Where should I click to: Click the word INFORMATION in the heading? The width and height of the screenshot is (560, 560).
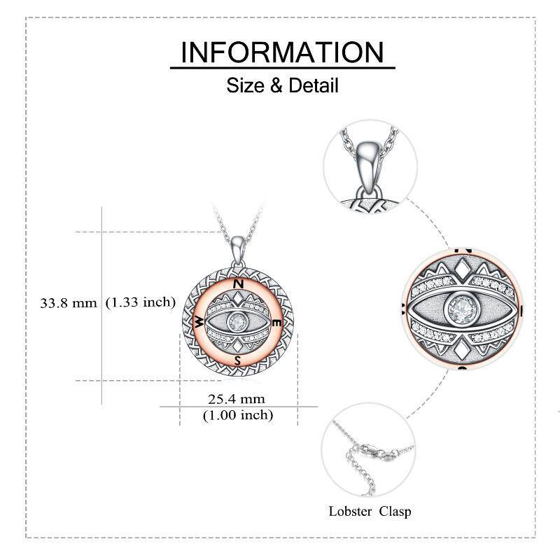click(x=282, y=52)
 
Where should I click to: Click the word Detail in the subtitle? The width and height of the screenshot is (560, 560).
click(x=313, y=85)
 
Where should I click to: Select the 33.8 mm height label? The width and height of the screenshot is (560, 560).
click(x=68, y=303)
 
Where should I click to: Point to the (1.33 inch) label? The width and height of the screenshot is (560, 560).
click(x=141, y=302)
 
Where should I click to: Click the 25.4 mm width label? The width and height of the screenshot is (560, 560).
click(x=237, y=398)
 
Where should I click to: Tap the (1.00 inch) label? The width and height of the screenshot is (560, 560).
click(x=238, y=415)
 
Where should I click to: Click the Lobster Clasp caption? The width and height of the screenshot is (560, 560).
click(x=370, y=512)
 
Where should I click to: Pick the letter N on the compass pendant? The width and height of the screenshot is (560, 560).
click(x=239, y=284)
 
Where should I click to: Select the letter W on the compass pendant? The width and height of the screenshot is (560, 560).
click(x=199, y=322)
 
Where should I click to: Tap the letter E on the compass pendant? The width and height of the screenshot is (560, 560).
click(x=277, y=323)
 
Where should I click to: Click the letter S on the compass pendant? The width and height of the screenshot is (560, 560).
click(x=237, y=360)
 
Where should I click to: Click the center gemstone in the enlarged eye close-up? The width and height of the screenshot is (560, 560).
click(x=462, y=308)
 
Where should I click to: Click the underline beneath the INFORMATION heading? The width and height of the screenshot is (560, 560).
click(x=282, y=67)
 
